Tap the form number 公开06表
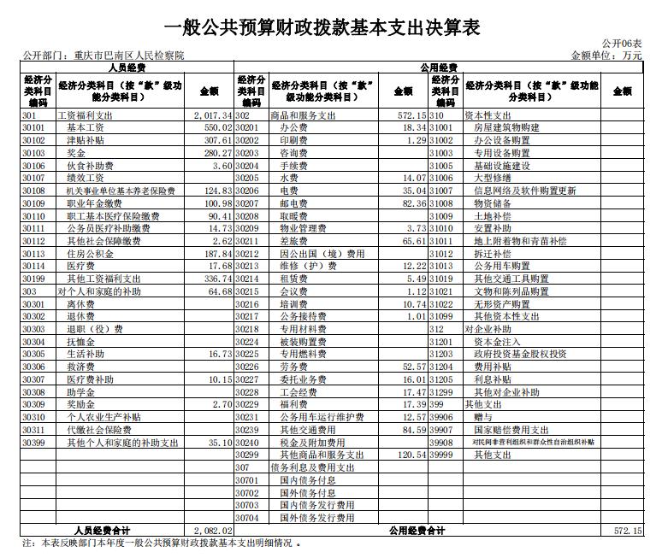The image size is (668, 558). click(x=622, y=44)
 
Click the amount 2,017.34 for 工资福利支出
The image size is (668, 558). click(x=212, y=115)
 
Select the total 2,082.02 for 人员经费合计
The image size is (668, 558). click(x=213, y=531)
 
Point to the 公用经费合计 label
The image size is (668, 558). click(x=417, y=531)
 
